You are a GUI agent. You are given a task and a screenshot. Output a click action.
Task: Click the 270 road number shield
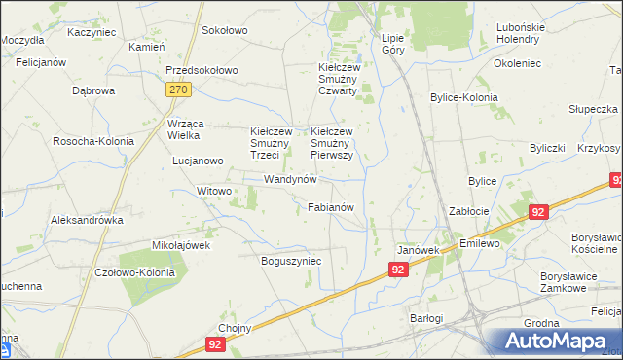tap(177, 90)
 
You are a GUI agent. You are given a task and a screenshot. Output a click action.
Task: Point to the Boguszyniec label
tap(292, 261)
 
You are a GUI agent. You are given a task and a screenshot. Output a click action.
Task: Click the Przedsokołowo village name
tap(202, 71)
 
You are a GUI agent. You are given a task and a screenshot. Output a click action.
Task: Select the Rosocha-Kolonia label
tap(93, 141)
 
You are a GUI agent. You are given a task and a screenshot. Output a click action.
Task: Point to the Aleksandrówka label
tap(88, 220)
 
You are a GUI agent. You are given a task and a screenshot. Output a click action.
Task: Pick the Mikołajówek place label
tap(181, 245)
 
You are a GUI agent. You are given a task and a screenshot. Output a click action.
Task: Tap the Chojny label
tap(236, 328)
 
